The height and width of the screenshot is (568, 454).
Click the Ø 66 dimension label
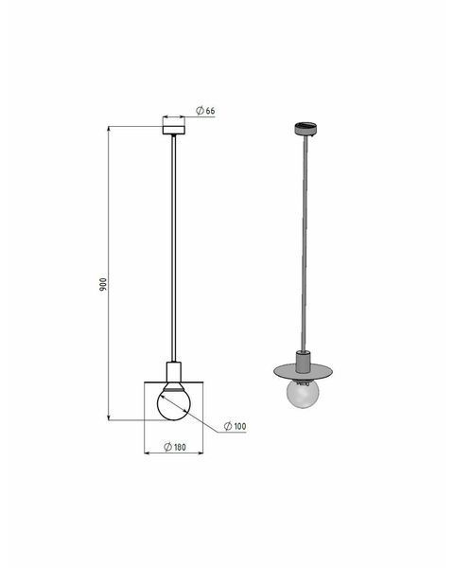click(205, 111)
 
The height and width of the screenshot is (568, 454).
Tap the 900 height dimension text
click(103, 285)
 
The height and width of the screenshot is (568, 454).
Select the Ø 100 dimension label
click(235, 426)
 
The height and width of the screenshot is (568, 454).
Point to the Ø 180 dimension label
click(175, 447)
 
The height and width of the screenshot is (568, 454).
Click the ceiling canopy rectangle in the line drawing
click(174, 130)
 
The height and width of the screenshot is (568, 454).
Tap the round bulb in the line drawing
click(173, 403)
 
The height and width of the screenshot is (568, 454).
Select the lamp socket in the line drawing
click(173, 371)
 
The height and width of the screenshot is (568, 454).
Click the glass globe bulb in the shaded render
click(303, 394)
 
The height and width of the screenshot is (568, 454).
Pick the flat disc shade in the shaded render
click(304, 371)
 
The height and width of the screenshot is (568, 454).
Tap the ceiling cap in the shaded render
click(306, 129)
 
